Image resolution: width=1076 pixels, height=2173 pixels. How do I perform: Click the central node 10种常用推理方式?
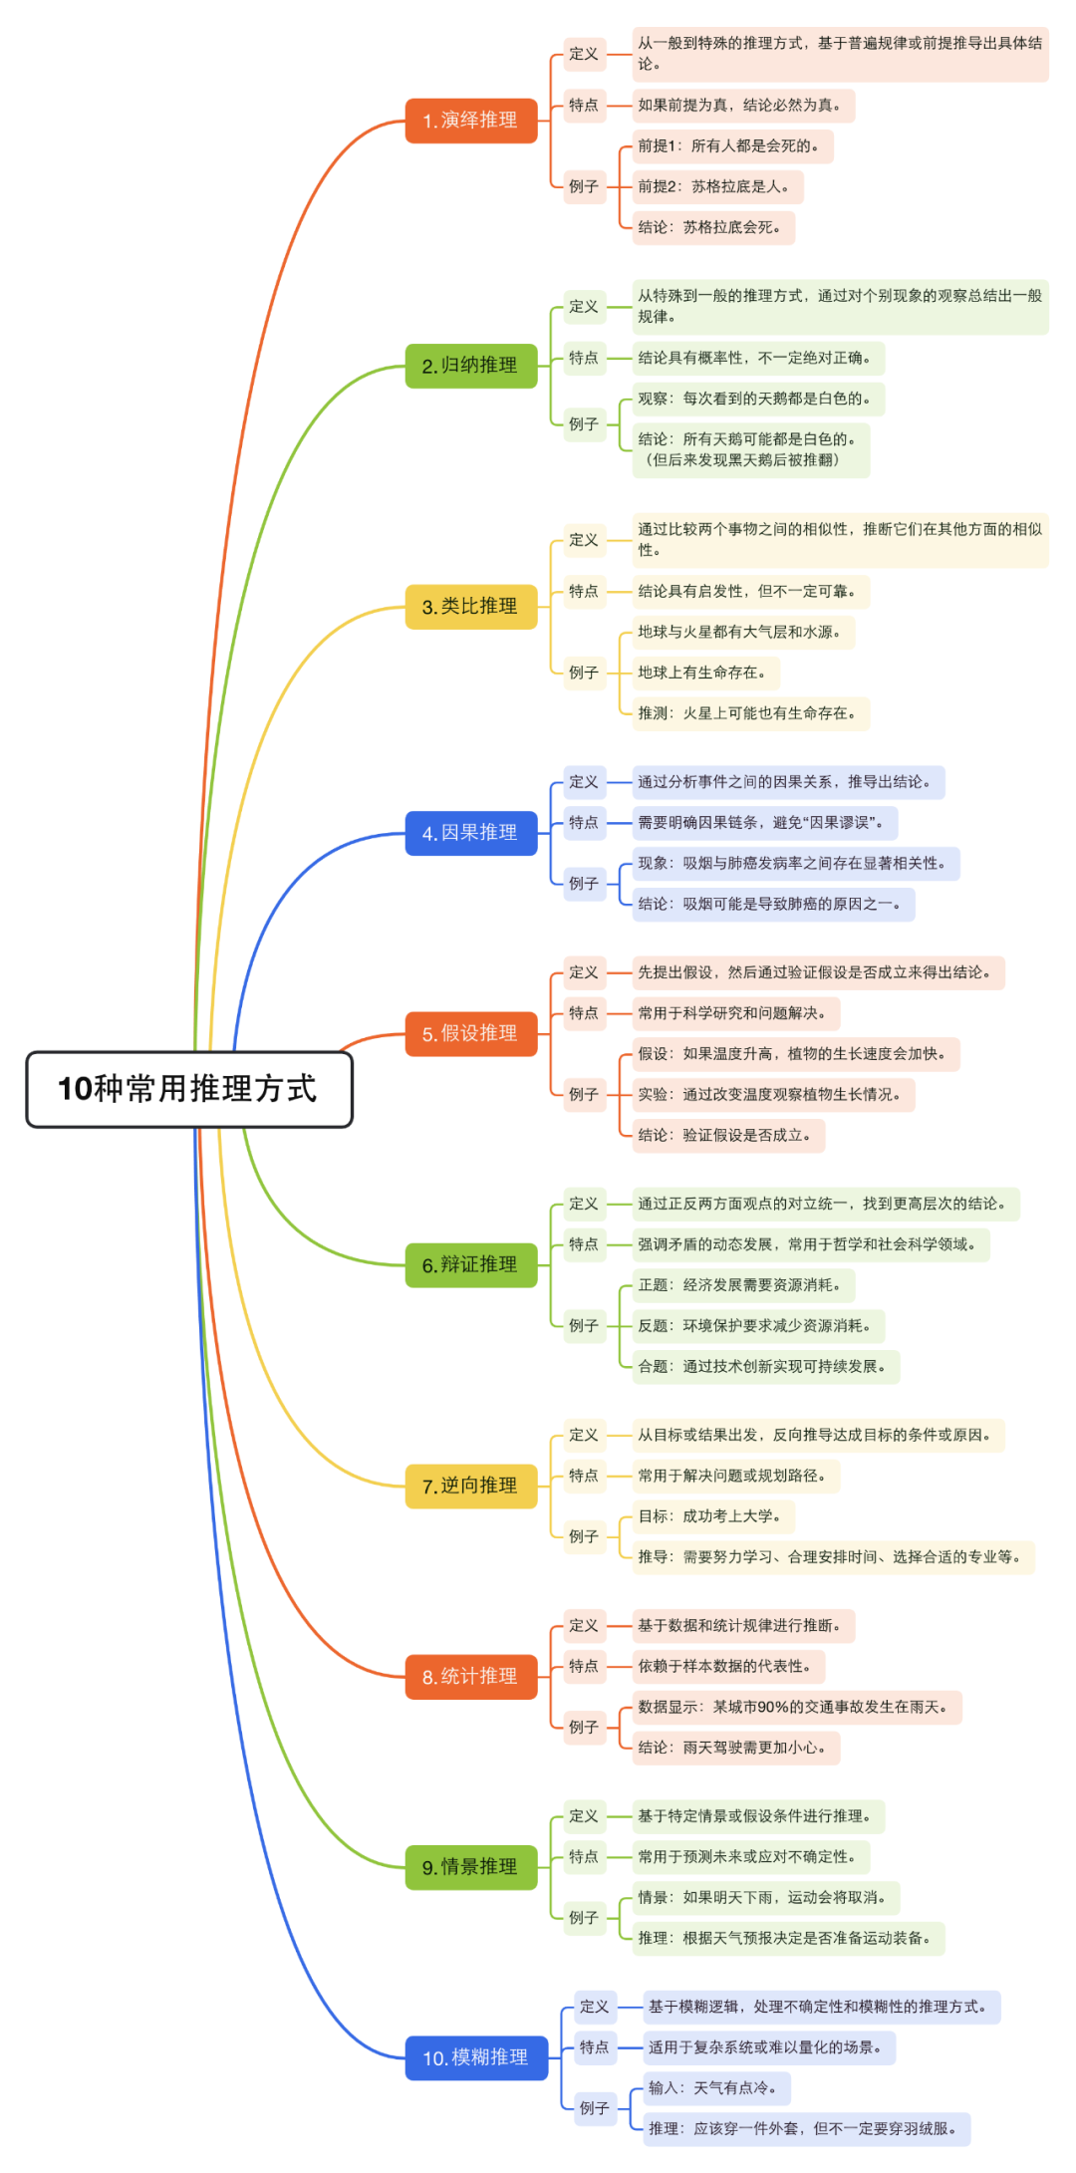click(189, 1089)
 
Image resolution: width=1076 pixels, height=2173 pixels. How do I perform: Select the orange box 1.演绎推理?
click(470, 121)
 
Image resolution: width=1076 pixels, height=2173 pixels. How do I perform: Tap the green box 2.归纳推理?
click(470, 366)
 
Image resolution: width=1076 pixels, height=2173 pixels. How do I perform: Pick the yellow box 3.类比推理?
click(470, 607)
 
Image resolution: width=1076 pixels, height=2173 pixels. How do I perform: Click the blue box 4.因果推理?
click(470, 833)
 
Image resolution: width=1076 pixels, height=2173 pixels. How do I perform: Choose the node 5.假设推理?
click(470, 1034)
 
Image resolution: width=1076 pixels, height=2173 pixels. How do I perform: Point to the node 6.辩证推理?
click(470, 1265)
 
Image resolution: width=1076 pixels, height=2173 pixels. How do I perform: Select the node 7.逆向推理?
click(470, 1487)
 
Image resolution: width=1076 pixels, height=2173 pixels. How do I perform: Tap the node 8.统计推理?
click(470, 1677)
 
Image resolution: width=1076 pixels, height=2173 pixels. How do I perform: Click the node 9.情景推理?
click(470, 1867)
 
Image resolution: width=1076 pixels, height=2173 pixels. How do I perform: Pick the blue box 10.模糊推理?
click(476, 2057)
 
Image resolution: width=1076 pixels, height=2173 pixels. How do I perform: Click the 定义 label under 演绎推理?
click(584, 54)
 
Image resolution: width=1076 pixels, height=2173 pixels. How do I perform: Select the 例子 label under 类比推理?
click(584, 674)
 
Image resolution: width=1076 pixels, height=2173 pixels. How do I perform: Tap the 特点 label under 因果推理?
click(584, 823)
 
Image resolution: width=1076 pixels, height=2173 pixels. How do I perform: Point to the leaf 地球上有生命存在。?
click(704, 674)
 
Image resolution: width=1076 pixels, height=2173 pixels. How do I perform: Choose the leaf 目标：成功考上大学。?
click(712, 1516)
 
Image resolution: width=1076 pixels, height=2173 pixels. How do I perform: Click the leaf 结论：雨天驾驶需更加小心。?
click(734, 1748)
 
